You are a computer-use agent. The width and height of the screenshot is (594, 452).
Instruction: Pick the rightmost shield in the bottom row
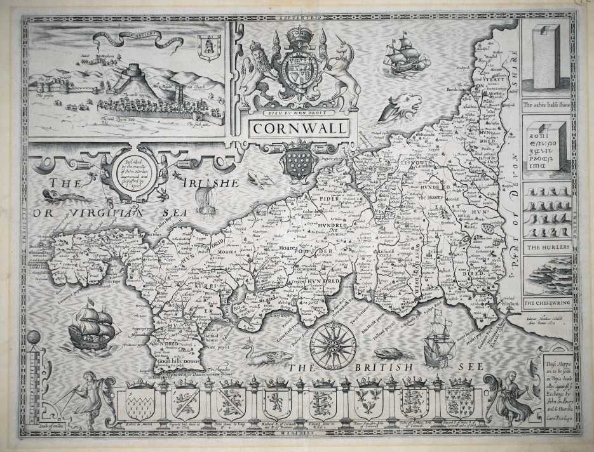point(461,402)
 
